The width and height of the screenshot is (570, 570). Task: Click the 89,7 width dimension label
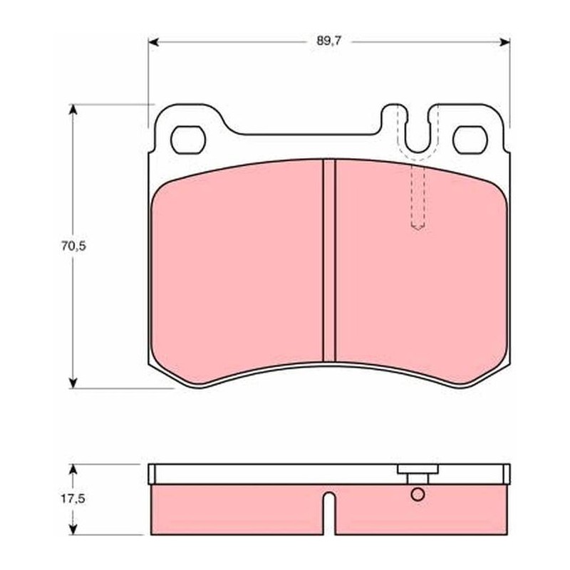328,41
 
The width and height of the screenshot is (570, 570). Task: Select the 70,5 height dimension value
73,246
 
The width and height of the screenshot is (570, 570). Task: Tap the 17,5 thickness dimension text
73,499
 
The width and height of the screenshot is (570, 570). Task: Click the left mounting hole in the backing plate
188,140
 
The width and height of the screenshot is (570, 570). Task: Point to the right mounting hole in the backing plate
470,140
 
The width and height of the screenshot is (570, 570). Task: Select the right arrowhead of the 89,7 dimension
504,42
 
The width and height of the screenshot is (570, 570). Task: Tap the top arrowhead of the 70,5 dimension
73,110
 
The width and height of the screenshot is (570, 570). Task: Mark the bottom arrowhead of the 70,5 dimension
73,383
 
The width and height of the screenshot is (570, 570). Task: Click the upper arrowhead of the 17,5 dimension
73,470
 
